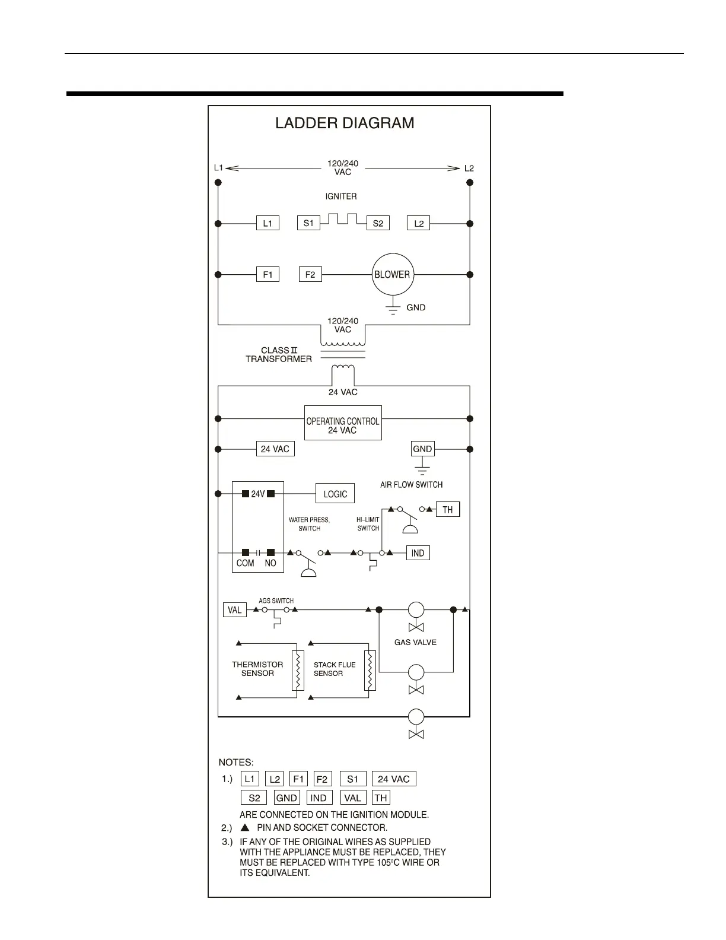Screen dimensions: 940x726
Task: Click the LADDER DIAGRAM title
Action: click(x=345, y=123)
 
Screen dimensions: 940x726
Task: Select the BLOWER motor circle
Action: click(x=392, y=275)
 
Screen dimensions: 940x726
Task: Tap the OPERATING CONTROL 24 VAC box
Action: click(x=343, y=423)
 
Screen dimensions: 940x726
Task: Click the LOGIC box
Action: click(x=335, y=494)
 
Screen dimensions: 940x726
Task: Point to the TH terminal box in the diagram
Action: click(x=448, y=510)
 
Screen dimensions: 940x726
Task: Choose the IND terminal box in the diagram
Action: click(x=418, y=553)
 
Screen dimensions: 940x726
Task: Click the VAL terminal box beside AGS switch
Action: click(x=235, y=610)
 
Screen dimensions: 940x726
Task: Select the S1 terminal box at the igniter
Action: click(x=308, y=223)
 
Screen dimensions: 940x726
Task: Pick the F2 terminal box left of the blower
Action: click(x=310, y=275)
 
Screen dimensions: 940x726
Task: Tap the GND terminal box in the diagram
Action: click(x=422, y=449)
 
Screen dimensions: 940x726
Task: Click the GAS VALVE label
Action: click(x=415, y=642)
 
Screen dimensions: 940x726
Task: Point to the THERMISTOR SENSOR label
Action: click(x=257, y=669)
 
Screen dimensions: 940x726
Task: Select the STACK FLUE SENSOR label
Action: click(x=334, y=669)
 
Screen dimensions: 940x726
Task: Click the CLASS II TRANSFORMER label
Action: click(x=279, y=355)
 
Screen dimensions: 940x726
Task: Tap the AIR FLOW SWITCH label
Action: click(x=411, y=485)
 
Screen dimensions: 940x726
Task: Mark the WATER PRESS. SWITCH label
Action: click(x=309, y=524)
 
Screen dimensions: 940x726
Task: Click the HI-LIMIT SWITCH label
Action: click(x=368, y=524)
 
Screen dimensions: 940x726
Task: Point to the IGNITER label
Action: click(x=341, y=196)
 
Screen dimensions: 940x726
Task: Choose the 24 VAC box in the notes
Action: click(x=394, y=779)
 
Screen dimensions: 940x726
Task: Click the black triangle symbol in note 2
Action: click(x=244, y=827)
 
